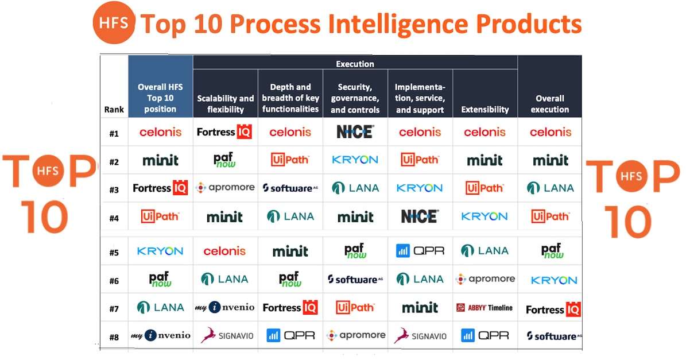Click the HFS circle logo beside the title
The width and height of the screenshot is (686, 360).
click(114, 23)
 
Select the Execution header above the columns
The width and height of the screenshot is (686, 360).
click(355, 64)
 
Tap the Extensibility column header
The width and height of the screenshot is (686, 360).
click(485, 109)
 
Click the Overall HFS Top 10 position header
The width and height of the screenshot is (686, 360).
click(160, 98)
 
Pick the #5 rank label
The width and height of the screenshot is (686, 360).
click(114, 253)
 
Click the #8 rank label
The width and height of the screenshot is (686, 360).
click(114, 337)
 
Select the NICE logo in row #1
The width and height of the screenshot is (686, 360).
click(355, 131)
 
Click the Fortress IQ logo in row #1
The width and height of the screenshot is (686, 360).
click(224, 131)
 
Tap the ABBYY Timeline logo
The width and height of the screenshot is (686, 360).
click(485, 308)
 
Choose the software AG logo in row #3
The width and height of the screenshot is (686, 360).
click(290, 188)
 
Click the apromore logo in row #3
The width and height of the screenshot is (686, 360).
click(225, 188)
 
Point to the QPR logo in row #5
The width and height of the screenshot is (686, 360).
click(420, 251)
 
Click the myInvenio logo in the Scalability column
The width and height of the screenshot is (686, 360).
click(225, 308)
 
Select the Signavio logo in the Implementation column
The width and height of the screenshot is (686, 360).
click(420, 335)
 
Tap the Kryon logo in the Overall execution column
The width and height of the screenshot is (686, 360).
click(554, 280)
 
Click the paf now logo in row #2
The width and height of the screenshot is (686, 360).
click(224, 160)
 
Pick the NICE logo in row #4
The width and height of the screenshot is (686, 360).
click(420, 216)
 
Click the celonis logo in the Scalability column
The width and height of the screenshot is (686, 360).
click(224, 251)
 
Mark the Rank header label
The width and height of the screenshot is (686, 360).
click(114, 109)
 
